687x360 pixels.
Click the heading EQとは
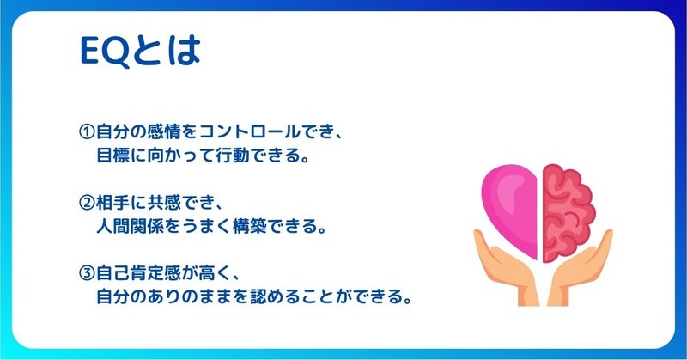[x=140, y=52]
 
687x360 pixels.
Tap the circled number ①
[x=87, y=131]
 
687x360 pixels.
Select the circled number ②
[x=87, y=203]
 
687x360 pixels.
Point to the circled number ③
[x=87, y=273]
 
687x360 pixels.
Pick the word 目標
[x=113, y=156]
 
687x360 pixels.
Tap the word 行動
[x=233, y=156]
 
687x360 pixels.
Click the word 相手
[x=113, y=203]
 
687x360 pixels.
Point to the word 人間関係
[x=131, y=226]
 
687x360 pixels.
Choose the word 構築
[x=250, y=226]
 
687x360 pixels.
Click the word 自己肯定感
[x=138, y=273]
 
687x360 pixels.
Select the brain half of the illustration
[x=568, y=213]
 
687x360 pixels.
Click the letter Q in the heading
[x=117, y=52]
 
